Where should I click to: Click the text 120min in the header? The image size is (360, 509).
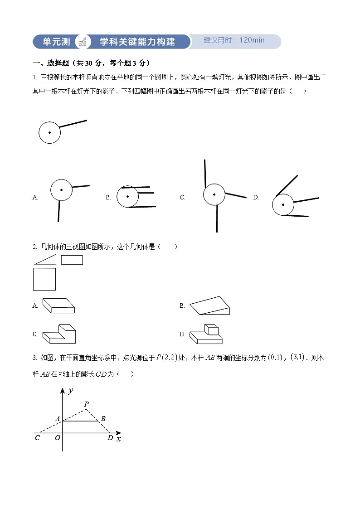coord(252,40)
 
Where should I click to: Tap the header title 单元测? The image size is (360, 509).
coord(56,42)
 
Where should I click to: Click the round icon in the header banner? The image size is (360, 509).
coord(83,42)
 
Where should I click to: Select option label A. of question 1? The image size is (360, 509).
coord(35,197)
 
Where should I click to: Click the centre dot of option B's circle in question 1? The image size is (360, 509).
coord(128,196)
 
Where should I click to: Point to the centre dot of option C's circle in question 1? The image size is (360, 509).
coord(214,195)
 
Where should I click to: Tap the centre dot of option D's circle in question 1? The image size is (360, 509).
coord(283,204)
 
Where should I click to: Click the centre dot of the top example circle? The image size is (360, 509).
coord(49,133)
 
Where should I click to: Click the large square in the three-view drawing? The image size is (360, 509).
coord(44,279)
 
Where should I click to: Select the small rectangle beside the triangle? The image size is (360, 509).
coord(72,260)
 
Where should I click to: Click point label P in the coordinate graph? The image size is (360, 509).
coord(86,404)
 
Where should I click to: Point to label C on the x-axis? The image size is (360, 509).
coord(37,438)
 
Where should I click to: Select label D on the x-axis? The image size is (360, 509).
coord(110,438)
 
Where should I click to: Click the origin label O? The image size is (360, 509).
coord(57,438)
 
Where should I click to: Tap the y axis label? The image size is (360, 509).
coord(70,391)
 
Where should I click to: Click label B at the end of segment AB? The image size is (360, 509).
coord(103,419)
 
